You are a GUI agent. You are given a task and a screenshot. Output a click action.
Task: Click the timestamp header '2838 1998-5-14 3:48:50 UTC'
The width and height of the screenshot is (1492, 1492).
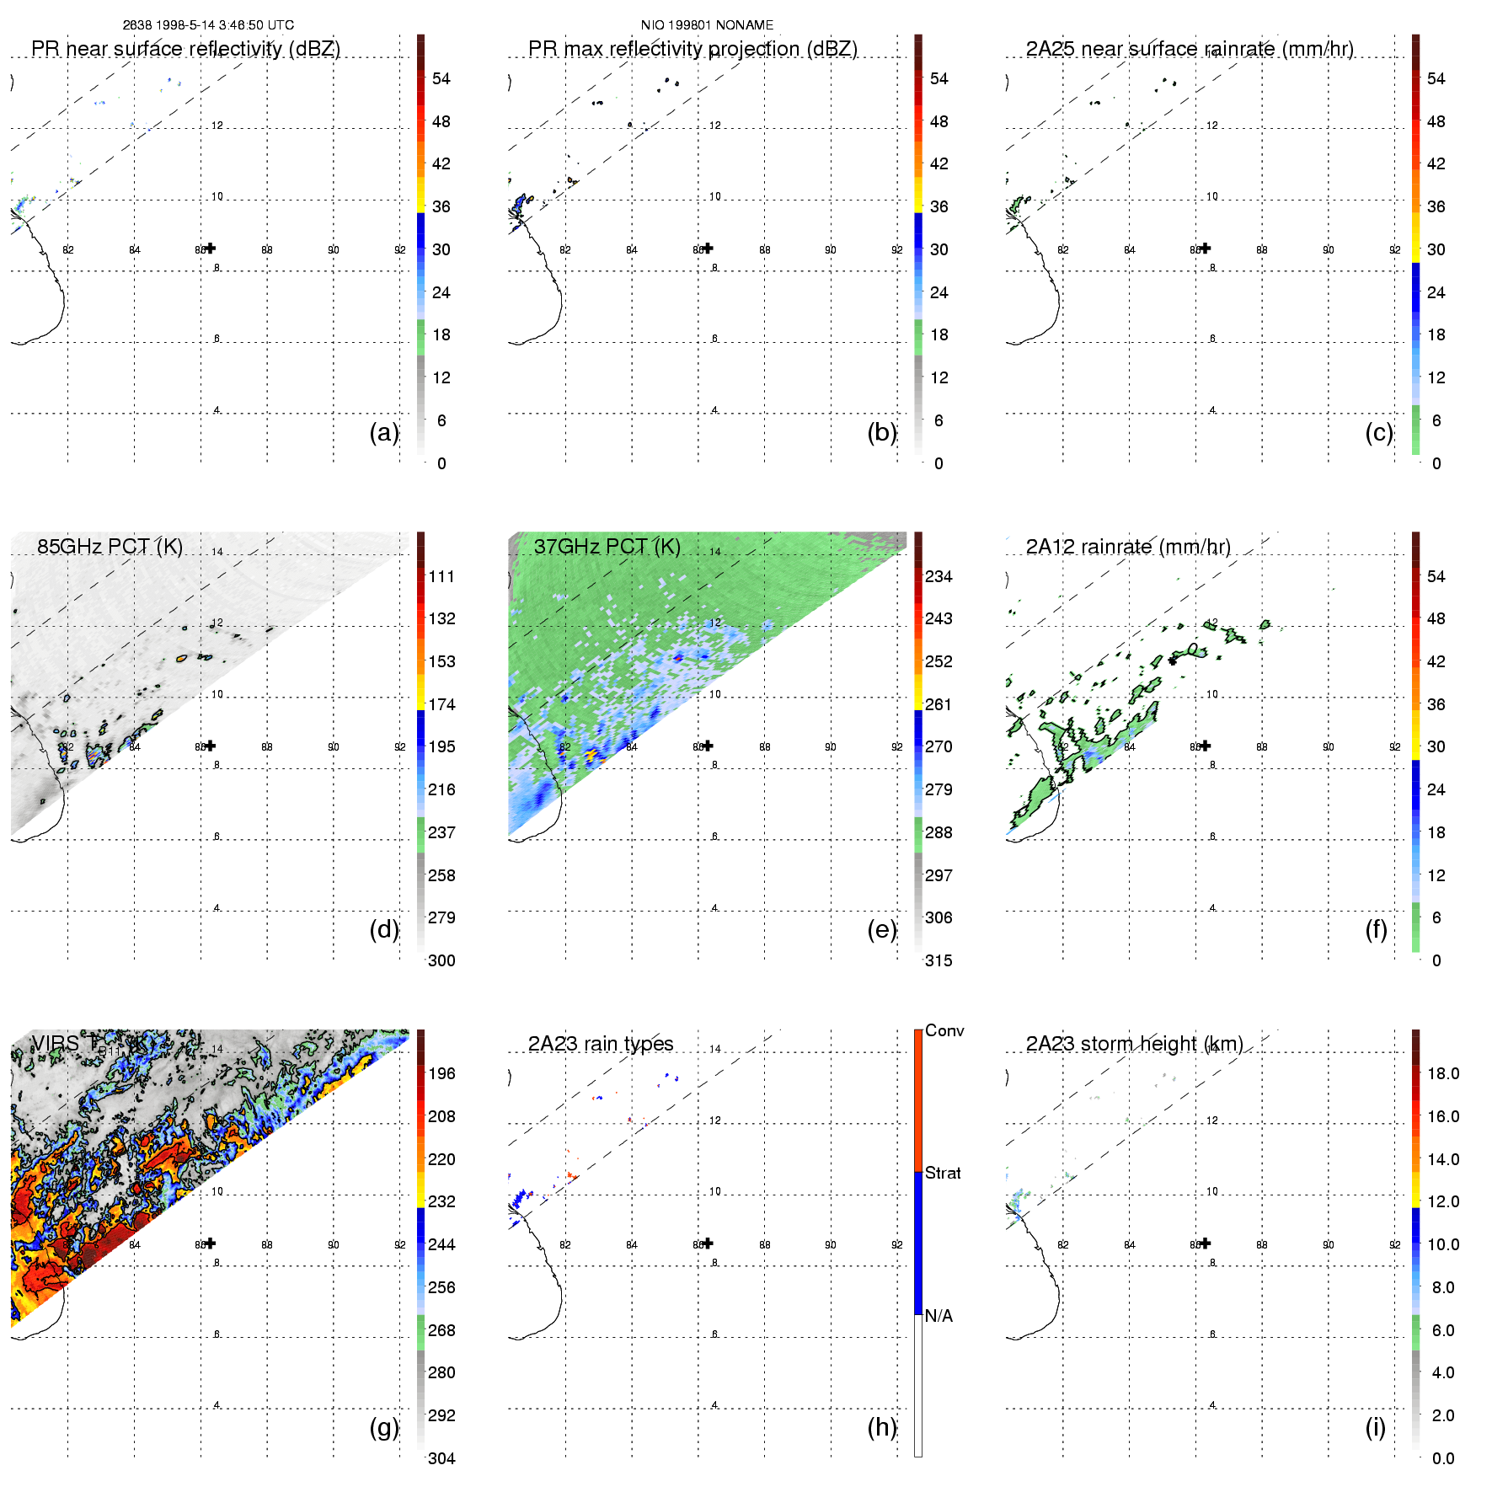coord(208,25)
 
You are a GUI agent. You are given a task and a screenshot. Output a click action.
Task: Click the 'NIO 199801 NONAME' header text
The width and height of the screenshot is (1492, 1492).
coord(707,25)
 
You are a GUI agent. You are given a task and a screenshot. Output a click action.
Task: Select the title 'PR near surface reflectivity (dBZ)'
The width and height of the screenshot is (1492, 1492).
coord(185,49)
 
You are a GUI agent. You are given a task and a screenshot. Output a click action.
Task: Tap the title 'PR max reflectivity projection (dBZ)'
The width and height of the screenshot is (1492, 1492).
coord(693,49)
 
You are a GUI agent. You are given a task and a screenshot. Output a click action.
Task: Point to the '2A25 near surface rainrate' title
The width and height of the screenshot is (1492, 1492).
coord(1190,49)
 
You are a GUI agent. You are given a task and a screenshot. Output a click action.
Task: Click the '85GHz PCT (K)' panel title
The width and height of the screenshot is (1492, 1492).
coord(110,547)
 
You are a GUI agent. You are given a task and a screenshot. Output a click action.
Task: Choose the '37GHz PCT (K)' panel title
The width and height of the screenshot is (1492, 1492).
coord(607,547)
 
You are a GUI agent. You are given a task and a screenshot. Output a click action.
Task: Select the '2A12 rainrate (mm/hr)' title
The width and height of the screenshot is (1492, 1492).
coord(1128,547)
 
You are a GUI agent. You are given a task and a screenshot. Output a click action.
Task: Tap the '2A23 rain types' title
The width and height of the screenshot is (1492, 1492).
coord(601,1044)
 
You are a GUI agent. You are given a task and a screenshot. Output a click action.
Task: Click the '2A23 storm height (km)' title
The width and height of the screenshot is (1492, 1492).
coord(1134,1044)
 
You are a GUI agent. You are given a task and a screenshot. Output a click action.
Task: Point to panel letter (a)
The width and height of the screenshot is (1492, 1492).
coord(384,432)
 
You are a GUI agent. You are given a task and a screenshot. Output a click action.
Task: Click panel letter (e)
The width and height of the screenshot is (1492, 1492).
coord(882,929)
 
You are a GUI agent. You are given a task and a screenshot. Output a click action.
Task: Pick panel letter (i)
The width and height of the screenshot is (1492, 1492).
coord(1376,1427)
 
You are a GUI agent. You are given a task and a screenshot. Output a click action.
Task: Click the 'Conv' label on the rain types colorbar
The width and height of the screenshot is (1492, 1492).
coord(944,1030)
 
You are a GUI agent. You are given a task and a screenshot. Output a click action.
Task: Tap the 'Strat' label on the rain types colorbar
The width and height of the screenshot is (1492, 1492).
coord(943,1173)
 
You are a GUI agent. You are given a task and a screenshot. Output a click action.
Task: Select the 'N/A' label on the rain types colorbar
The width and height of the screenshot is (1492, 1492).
coord(939,1316)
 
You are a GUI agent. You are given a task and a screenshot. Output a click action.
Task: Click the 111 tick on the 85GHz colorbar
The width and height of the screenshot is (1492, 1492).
coord(441,576)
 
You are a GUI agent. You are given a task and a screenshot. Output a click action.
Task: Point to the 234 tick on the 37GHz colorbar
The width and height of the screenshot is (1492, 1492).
coord(939,576)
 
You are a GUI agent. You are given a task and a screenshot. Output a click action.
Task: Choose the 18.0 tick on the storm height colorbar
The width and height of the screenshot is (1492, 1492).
coord(1443,1073)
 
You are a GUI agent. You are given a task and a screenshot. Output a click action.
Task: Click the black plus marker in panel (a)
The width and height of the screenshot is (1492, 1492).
coord(211,248)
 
